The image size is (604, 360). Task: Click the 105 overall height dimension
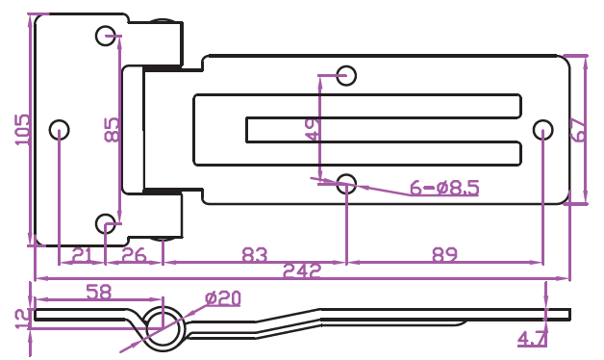pyautogui.click(x=22, y=130)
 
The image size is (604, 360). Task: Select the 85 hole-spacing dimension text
pyautogui.click(x=113, y=130)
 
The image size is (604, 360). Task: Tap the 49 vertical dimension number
pyautogui.click(x=313, y=130)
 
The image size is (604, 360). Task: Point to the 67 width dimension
pyautogui.click(x=579, y=130)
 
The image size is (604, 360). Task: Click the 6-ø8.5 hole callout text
pyautogui.click(x=444, y=188)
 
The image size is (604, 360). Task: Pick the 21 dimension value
pyautogui.click(x=83, y=255)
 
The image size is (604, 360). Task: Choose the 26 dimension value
pyautogui.click(x=134, y=255)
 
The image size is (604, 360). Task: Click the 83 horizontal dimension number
pyautogui.click(x=254, y=255)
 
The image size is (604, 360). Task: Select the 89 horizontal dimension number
pyautogui.click(x=444, y=255)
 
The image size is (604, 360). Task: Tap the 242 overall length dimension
pyautogui.click(x=302, y=270)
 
